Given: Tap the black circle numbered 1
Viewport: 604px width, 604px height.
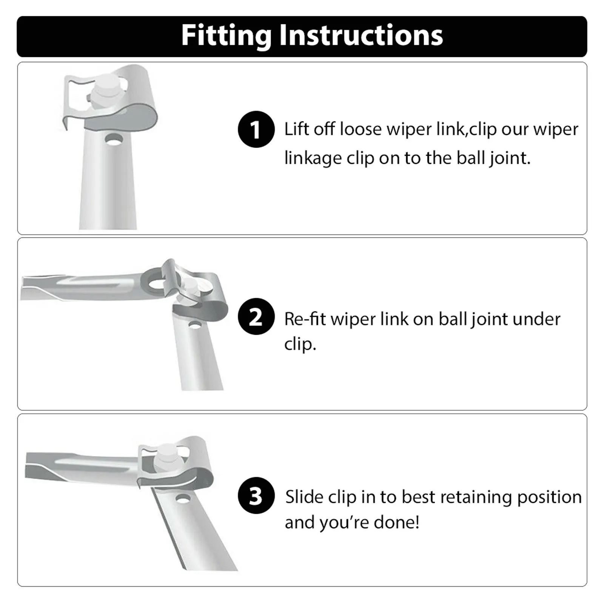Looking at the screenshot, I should pos(256,129).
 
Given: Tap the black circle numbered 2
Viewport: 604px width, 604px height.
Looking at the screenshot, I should pos(256,316).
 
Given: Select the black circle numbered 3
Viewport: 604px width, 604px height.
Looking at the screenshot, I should pos(256,496).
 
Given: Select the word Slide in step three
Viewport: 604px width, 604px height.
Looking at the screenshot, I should pos(304,497).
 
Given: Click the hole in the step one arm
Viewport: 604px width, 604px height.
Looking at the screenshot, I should pos(114,139).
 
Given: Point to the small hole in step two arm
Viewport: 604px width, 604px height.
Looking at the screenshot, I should pos(195,324).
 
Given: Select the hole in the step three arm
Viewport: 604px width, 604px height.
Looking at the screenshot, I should pos(183,499).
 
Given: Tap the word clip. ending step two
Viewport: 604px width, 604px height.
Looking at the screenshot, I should pos(300,344).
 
